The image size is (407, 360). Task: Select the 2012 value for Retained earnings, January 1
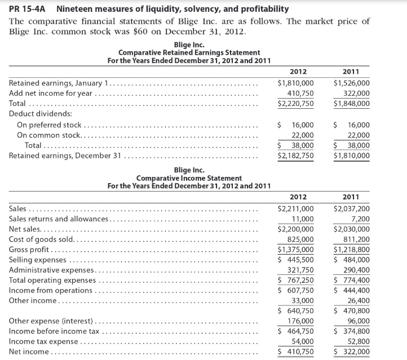[296, 83]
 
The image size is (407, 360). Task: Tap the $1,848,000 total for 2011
[352, 104]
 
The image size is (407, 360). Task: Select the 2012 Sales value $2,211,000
[296, 208]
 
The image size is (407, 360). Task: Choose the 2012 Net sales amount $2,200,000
[296, 229]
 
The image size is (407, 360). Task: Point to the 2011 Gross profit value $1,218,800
[352, 250]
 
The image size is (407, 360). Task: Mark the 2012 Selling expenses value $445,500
[296, 260]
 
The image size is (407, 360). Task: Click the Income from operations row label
[51, 290]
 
